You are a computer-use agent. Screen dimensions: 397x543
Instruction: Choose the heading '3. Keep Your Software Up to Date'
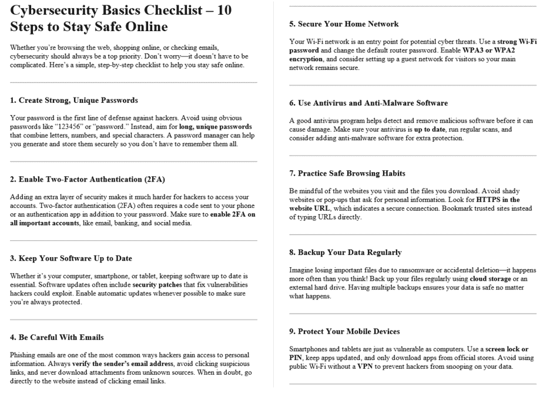(x=71, y=258)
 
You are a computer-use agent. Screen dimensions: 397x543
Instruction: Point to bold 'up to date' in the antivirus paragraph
(x=419, y=129)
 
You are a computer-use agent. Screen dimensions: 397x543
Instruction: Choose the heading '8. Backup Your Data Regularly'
(x=346, y=253)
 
